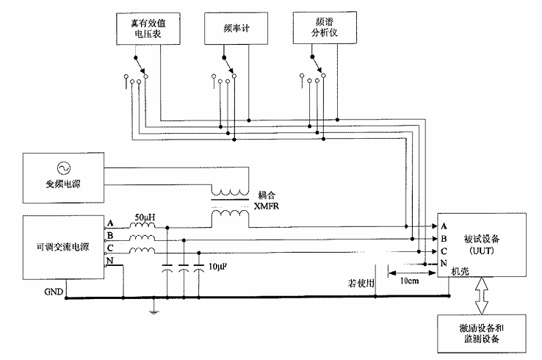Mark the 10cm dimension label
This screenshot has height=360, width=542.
tap(409, 281)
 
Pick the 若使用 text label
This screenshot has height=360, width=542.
tap(361, 281)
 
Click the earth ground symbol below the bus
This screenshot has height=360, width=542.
tap(152, 312)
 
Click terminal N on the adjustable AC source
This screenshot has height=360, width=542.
tap(110, 262)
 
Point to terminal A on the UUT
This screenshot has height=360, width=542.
tap(444, 226)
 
